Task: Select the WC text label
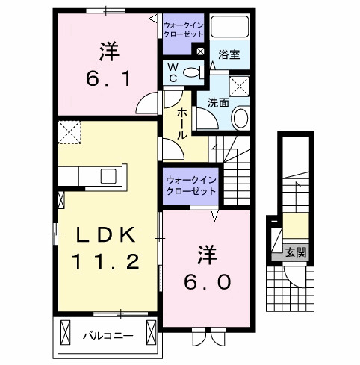click(x=172, y=72)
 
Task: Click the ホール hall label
click(x=181, y=123)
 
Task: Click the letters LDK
click(x=105, y=234)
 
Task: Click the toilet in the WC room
click(x=193, y=72)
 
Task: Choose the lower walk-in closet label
click(x=190, y=185)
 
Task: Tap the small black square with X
click(x=199, y=51)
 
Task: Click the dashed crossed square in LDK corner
click(x=71, y=133)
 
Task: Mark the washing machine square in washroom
click(x=240, y=85)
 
